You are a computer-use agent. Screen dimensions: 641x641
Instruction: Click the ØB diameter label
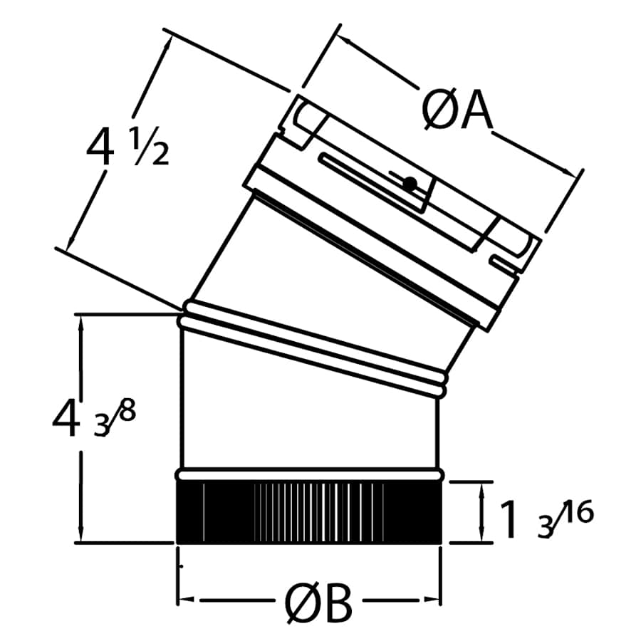tap(319, 605)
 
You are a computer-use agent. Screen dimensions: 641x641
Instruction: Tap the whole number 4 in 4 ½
tap(100, 148)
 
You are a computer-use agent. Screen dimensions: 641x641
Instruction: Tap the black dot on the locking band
tap(409, 184)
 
